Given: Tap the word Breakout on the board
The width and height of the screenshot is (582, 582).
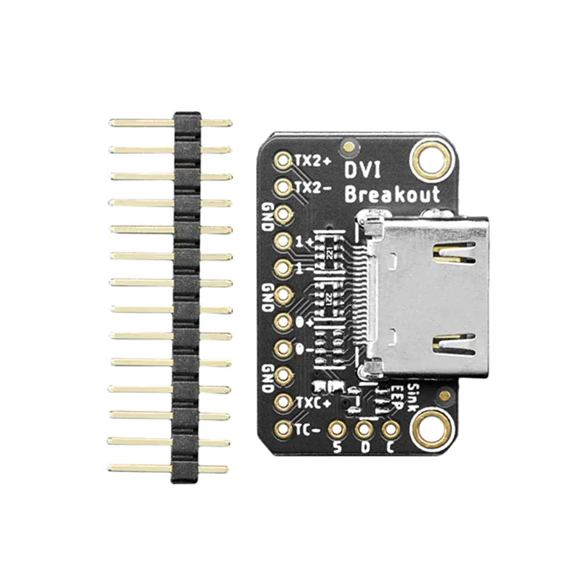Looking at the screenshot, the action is (x=392, y=194).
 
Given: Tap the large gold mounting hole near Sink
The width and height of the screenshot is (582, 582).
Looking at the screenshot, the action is (x=431, y=427).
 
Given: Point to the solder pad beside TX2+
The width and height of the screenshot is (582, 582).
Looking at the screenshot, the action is (x=283, y=159).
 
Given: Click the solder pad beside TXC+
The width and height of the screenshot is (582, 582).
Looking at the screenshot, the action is (x=283, y=402).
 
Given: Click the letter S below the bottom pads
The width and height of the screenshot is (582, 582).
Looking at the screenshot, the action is (x=337, y=447).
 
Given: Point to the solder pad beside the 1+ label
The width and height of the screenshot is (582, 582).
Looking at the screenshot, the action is (x=283, y=241).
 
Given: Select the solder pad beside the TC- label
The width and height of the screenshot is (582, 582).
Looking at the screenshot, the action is (x=283, y=428).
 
